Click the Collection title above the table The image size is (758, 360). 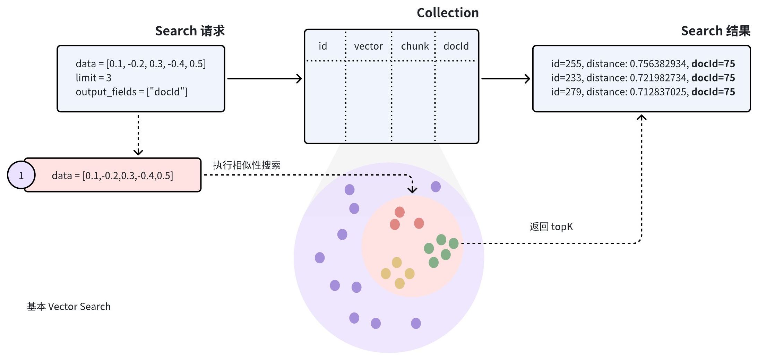click(x=447, y=13)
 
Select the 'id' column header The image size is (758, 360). click(x=323, y=46)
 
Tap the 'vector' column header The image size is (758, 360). click(x=368, y=46)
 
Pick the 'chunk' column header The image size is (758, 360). click(x=415, y=46)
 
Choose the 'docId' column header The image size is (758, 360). click(x=456, y=46)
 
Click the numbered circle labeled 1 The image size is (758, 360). click(x=21, y=175)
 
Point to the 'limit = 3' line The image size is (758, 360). click(x=94, y=78)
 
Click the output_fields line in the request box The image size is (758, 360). click(x=131, y=92)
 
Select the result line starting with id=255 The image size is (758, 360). click(x=643, y=64)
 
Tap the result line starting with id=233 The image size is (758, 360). click(x=643, y=78)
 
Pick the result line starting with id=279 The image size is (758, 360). click(x=643, y=92)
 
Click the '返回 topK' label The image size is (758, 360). click(x=551, y=227)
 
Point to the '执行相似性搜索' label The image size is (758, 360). click(x=247, y=165)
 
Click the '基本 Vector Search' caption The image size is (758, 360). click(x=69, y=307)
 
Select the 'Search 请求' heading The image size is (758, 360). click(x=190, y=31)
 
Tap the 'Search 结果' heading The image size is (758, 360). click(x=715, y=31)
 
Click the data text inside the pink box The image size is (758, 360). click(x=112, y=176)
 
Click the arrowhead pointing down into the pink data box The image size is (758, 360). click(x=138, y=153)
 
